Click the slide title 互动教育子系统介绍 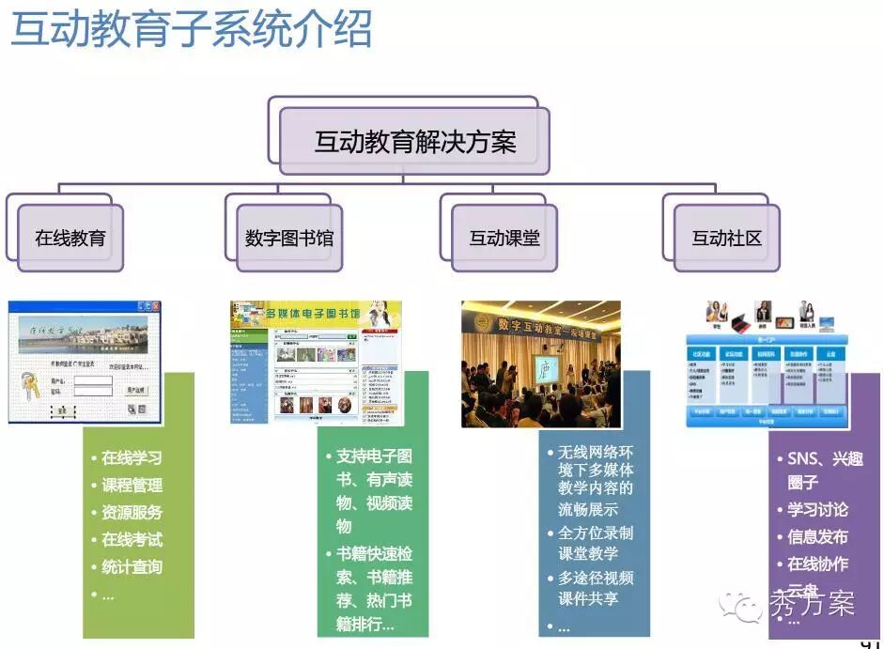tap(191, 30)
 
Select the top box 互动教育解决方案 tap(414, 142)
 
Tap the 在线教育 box tap(70, 238)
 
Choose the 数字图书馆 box tap(288, 238)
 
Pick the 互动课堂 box tap(504, 238)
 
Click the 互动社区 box tap(726, 238)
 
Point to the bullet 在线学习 tap(132, 458)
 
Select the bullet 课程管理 tap(132, 486)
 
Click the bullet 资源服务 tap(132, 513)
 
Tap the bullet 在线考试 tap(132, 540)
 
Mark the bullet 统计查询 tap(132, 567)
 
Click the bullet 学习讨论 tap(817, 510)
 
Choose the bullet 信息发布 tap(817, 537)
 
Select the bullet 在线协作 tap(817, 564)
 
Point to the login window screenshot tap(85, 362)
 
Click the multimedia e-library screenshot tap(316, 362)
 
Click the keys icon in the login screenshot tap(31, 385)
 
